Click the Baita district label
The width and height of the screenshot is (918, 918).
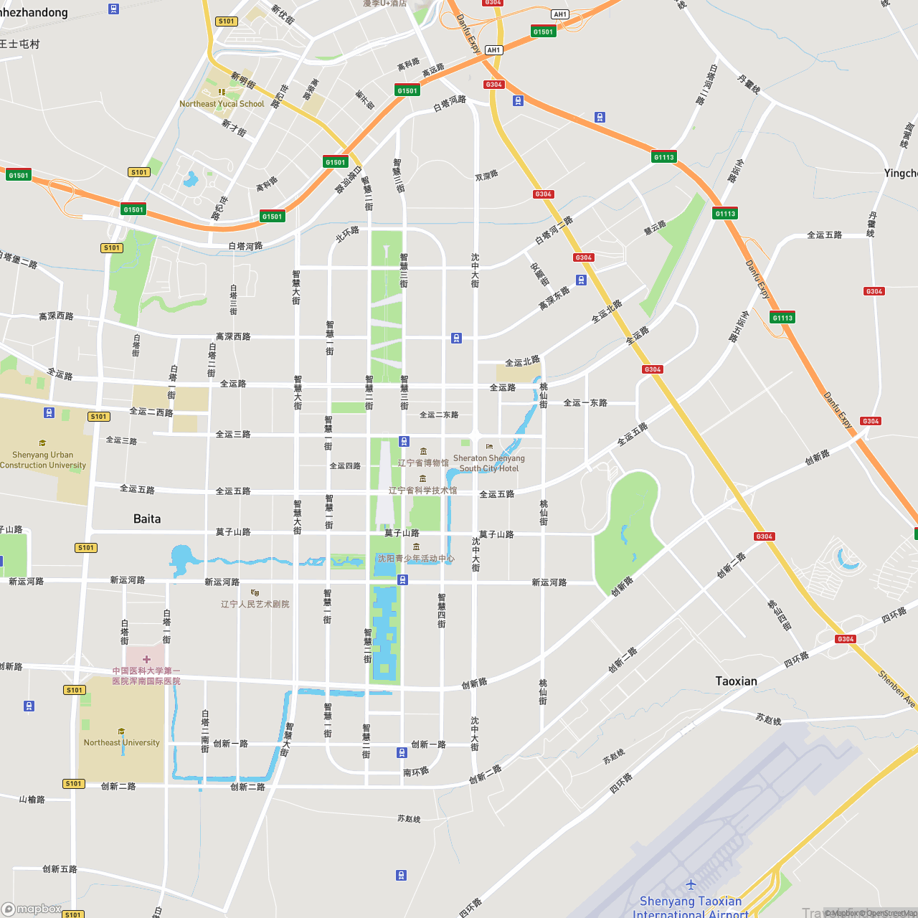point(147,519)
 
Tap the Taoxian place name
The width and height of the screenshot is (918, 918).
point(736,681)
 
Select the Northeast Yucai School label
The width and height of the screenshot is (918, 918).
point(222,104)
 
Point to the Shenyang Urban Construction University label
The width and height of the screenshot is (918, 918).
point(43,460)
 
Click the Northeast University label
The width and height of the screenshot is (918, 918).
point(122,742)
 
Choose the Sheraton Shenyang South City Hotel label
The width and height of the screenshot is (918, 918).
point(489,463)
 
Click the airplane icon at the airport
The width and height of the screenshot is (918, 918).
point(691,884)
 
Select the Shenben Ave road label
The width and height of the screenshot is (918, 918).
point(896,688)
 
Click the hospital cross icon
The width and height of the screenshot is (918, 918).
point(146,659)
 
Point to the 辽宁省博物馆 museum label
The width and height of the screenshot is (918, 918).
point(423,463)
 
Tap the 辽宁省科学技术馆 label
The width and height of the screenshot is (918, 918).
point(422,490)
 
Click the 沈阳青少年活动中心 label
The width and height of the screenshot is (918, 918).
point(416,558)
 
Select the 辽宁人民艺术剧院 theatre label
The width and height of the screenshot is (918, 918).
point(255,604)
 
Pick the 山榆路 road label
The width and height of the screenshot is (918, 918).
point(32,799)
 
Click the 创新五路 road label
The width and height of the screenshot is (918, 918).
point(60,869)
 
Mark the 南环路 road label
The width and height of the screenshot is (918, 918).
point(416,772)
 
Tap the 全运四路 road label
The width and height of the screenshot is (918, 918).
point(345,465)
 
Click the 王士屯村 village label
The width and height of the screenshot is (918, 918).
point(20,44)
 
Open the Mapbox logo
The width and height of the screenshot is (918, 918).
point(32,909)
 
